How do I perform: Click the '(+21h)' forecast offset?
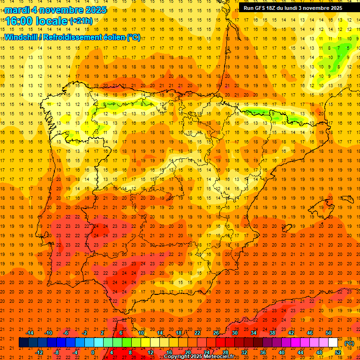(81, 21)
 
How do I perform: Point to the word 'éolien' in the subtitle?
(112, 37)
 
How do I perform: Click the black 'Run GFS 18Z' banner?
(293, 8)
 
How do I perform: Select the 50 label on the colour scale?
(329, 333)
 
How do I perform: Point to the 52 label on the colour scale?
(338, 352)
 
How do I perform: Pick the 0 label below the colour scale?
(93, 352)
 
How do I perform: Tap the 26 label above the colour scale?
(216, 333)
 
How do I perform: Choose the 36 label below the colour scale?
(263, 352)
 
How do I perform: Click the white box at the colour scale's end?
(333, 343)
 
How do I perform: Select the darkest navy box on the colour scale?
(23, 343)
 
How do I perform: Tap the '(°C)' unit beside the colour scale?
(349, 343)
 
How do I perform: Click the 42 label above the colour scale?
(291, 333)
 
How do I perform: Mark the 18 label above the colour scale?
(179, 333)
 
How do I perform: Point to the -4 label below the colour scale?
(75, 352)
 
